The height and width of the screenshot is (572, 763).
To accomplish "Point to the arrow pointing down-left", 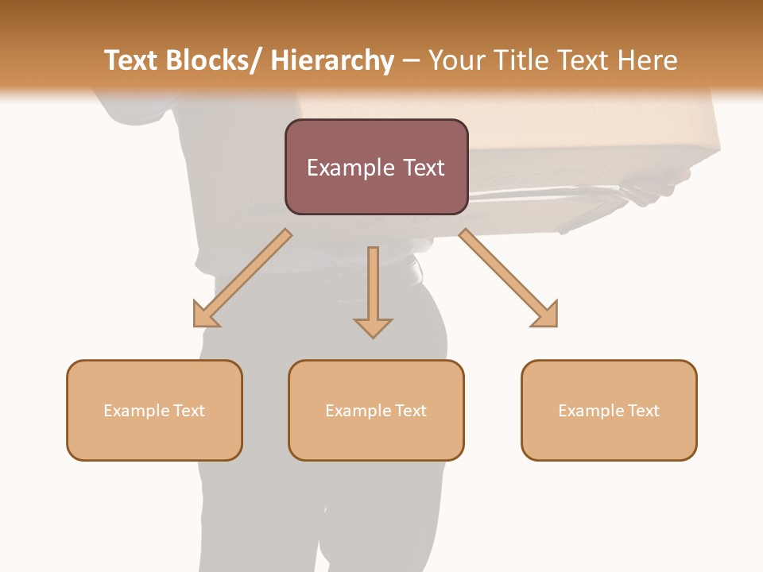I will (x=242, y=278).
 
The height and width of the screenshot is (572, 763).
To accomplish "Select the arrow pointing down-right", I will (x=509, y=278).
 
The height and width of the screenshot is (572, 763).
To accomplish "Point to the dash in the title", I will (x=411, y=60).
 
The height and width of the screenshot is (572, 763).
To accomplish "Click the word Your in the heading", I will (x=454, y=60).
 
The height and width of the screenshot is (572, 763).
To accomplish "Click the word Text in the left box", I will (x=189, y=411).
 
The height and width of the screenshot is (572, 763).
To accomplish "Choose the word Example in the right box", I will (x=589, y=411).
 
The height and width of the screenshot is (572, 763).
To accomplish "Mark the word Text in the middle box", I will (x=411, y=411).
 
